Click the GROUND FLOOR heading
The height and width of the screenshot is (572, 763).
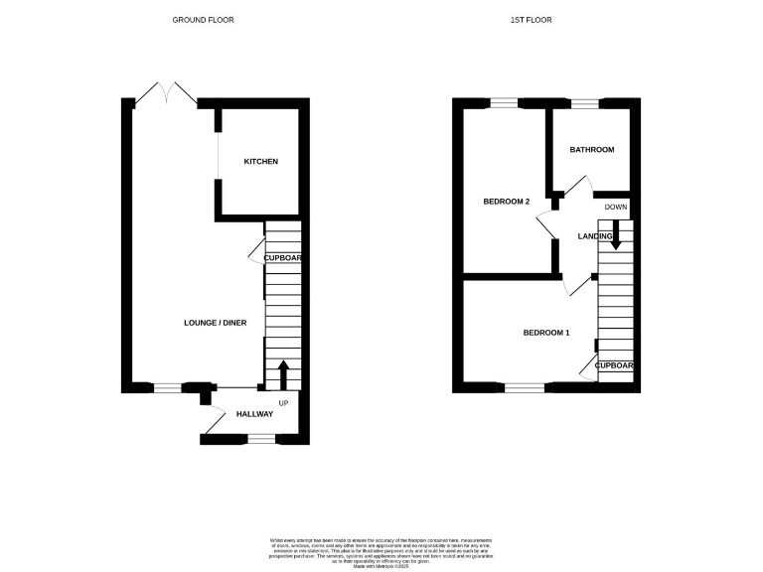[204, 20]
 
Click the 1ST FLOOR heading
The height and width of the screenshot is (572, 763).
[533, 20]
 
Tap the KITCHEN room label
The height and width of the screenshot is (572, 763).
[260, 162]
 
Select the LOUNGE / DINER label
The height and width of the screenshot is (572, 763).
[216, 323]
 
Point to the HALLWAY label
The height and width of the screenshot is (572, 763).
[254, 414]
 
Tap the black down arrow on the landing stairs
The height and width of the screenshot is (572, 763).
[616, 234]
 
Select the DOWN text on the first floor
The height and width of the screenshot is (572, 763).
[616, 207]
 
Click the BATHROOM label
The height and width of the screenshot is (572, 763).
[591, 150]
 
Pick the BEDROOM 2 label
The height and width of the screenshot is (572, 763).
[507, 202]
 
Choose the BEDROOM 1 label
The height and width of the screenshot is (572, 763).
[546, 333]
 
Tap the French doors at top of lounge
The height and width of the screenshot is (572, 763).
[167, 93]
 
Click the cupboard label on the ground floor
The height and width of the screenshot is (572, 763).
[282, 258]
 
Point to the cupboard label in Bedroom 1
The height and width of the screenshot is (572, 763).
[614, 365]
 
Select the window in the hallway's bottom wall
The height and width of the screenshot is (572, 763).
[260, 438]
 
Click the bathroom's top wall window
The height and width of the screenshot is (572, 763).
[584, 102]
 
